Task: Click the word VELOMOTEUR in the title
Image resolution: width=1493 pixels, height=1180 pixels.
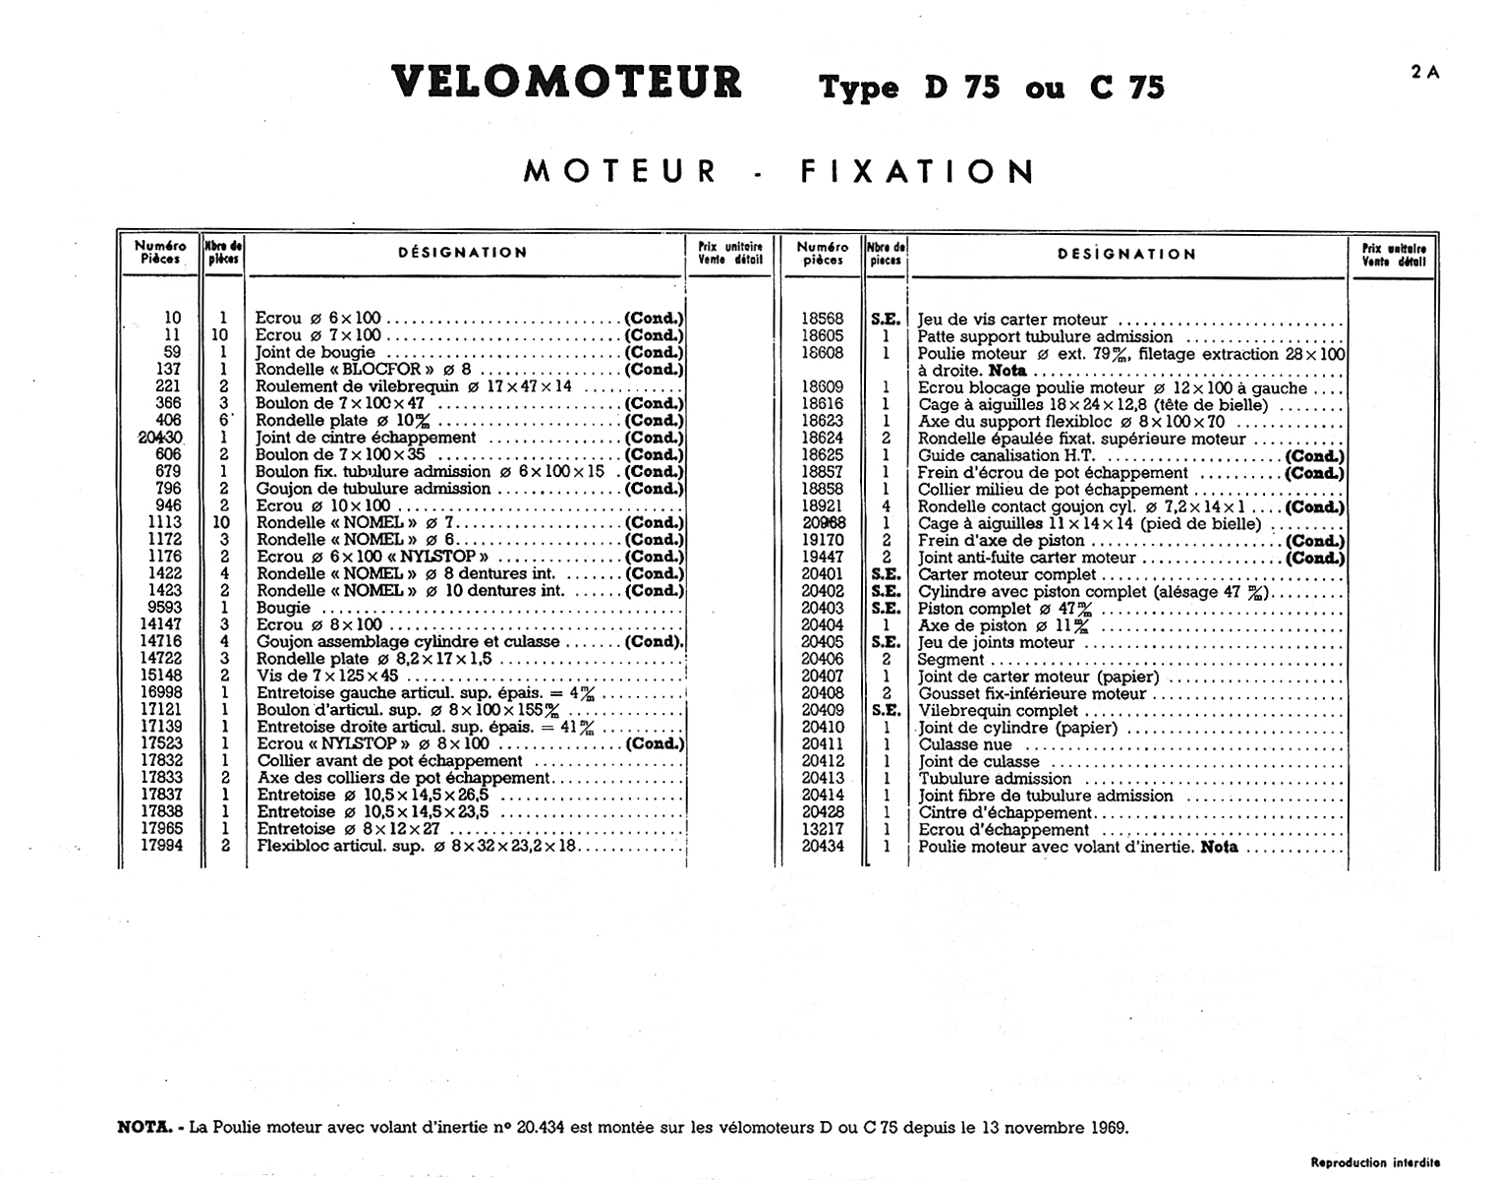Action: (566, 83)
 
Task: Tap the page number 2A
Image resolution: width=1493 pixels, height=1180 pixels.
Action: (1425, 72)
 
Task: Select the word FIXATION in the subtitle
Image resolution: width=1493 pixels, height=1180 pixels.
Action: (918, 172)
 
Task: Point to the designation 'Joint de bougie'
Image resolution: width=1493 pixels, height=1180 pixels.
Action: (316, 352)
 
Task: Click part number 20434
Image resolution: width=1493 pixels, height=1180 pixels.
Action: (822, 847)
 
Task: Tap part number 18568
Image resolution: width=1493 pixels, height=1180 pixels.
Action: (822, 320)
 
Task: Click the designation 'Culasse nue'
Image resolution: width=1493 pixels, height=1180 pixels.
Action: (964, 745)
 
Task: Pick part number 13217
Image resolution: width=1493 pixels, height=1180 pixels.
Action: (822, 830)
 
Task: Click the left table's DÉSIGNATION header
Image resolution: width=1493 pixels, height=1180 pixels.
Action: (462, 253)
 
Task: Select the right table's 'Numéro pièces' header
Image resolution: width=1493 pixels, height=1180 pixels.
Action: (823, 254)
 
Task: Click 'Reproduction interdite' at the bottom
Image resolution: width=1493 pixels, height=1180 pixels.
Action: (1375, 1162)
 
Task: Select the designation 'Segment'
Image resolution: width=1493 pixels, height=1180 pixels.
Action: (950, 660)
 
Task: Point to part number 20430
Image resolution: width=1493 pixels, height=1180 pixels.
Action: (161, 438)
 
